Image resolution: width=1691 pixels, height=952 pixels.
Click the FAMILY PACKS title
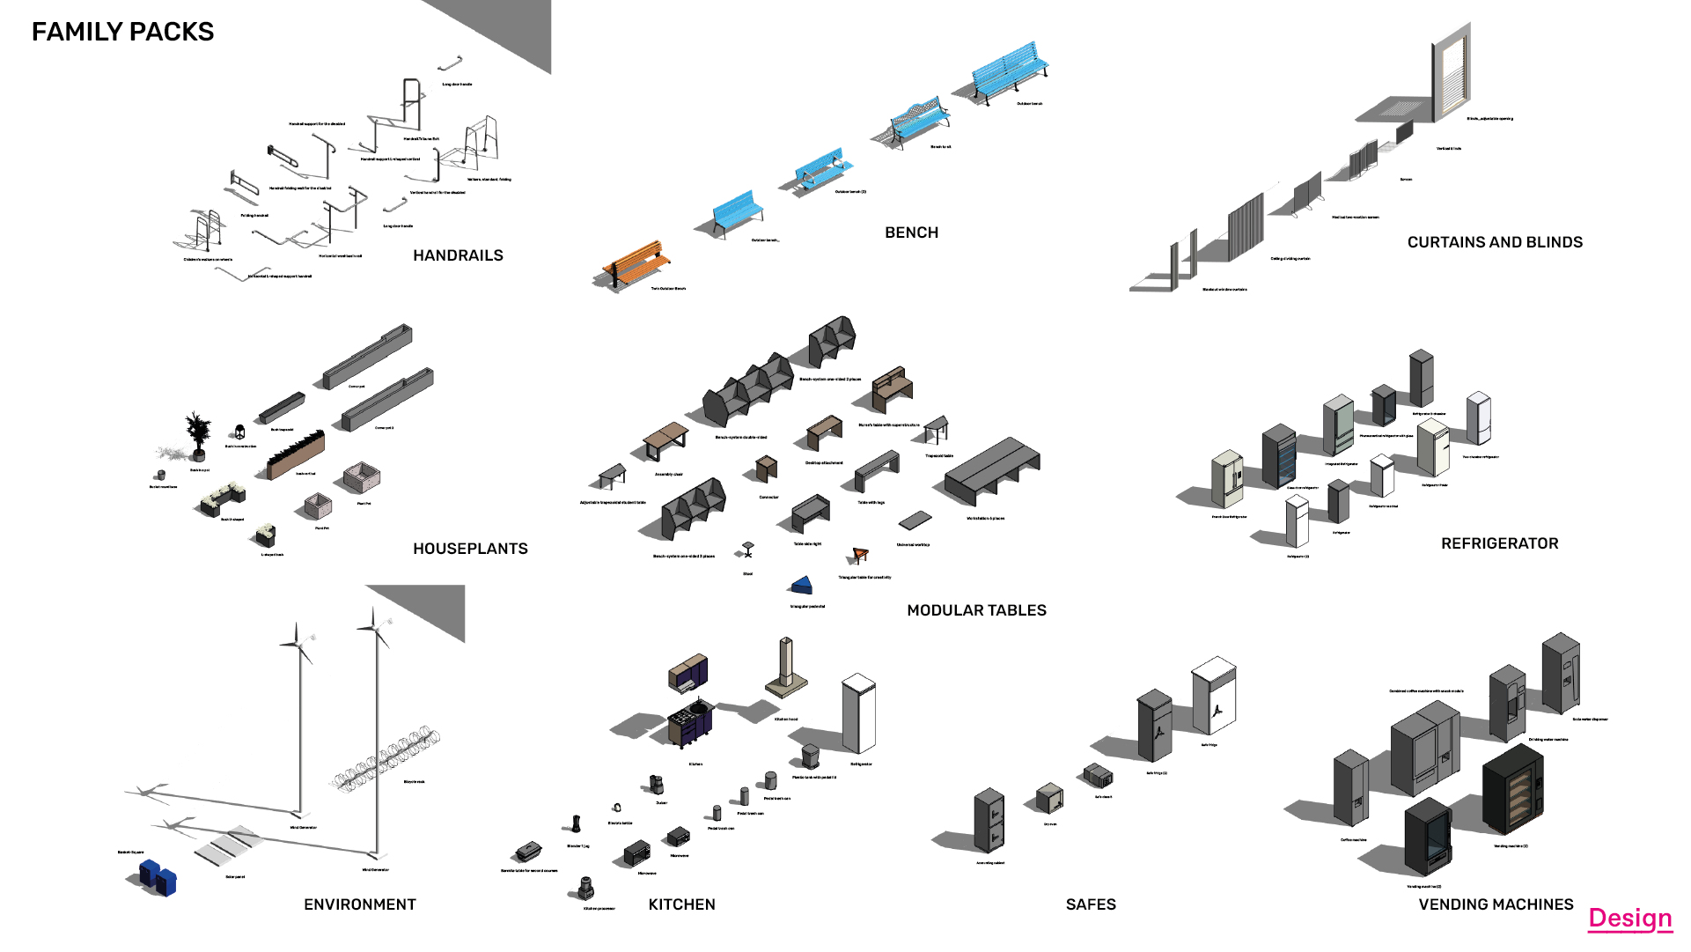(122, 32)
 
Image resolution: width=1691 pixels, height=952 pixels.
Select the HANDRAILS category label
(458, 255)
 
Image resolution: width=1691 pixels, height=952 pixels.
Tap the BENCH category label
(911, 232)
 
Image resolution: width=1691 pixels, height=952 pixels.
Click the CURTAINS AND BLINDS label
(1494, 242)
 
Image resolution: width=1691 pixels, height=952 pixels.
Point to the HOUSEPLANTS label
(470, 549)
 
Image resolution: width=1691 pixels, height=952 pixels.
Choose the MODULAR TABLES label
(976, 610)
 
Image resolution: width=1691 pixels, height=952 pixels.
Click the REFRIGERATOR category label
(1499, 543)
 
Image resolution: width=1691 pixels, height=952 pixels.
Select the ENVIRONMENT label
(359, 904)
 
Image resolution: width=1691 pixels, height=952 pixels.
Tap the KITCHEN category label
(681, 904)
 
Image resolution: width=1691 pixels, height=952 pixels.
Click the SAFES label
(1090, 904)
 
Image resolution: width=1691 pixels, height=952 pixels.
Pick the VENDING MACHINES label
(1495, 904)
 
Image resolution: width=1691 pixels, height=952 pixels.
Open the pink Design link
(1629, 919)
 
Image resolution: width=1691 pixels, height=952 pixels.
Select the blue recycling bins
(159, 877)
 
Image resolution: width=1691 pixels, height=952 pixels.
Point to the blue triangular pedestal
(801, 587)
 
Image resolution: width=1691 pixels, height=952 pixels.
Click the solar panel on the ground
(227, 846)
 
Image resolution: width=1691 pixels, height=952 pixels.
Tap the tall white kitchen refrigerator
(858, 713)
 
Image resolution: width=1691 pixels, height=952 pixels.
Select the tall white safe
(1215, 696)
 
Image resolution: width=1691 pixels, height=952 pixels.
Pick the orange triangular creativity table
(860, 555)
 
